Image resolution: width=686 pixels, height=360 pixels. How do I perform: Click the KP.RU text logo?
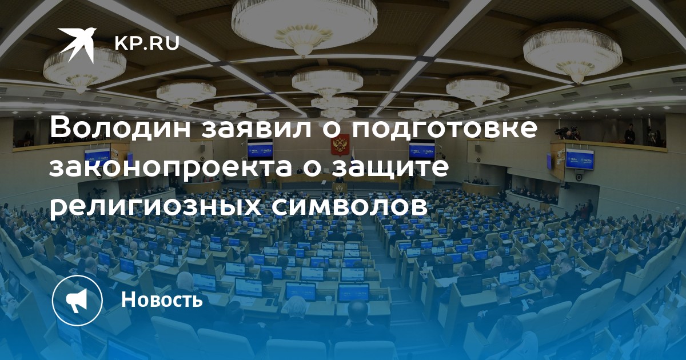pos(147,43)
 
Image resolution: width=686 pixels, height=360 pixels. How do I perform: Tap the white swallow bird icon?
pos(77,43)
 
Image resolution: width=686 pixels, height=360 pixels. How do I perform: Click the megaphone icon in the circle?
pos(77,301)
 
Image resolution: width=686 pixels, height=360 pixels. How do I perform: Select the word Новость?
pos(162,299)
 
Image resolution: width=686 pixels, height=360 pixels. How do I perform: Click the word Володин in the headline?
pos(122,127)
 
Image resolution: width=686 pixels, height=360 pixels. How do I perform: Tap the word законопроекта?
pos(170,168)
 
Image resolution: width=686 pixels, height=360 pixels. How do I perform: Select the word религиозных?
pos(155,207)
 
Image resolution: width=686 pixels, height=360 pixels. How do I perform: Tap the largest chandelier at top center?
pos(304,24)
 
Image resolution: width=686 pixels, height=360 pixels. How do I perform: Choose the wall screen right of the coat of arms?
pos(422,150)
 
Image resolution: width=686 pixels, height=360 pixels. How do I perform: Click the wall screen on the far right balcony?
pos(580,159)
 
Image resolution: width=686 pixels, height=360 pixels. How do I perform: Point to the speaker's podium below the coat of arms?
pos(339,188)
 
